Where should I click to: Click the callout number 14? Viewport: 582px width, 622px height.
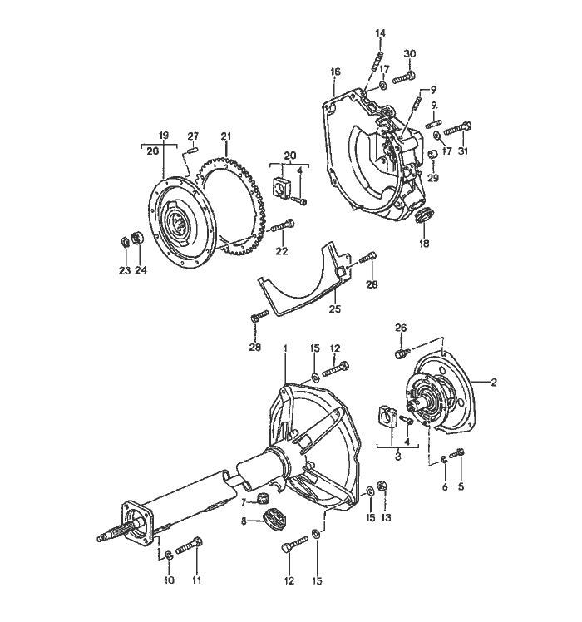[x=380, y=33]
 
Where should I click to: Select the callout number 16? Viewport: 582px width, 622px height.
[x=335, y=72]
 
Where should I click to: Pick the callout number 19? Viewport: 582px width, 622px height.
[x=164, y=135]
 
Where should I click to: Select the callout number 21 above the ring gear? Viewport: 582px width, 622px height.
[x=225, y=136]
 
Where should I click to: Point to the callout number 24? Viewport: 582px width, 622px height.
[x=141, y=270]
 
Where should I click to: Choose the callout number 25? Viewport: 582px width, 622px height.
[x=334, y=309]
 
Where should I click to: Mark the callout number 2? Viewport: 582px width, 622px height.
[x=494, y=383]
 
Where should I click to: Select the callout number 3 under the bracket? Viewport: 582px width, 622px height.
[x=398, y=457]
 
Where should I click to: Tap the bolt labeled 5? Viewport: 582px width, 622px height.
[x=461, y=453]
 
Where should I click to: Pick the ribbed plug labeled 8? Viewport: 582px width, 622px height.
[x=272, y=521]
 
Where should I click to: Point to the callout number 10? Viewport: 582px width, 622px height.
[x=169, y=580]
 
